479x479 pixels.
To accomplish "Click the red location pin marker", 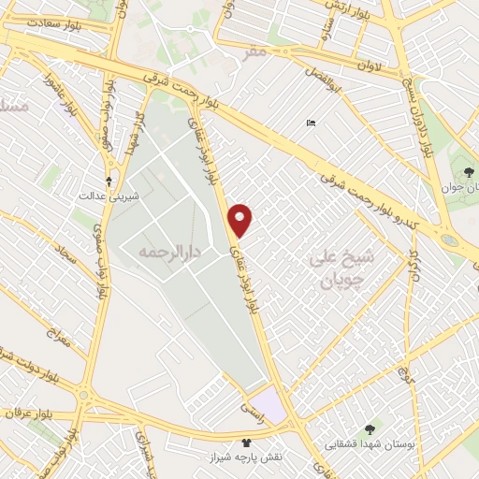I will pyautogui.click(x=240, y=220).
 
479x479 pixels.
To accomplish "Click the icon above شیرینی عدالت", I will pyautogui.click(x=110, y=181).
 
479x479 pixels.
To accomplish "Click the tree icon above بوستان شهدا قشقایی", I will pyautogui.click(x=371, y=429).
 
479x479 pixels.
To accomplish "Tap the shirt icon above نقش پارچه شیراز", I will pyautogui.click(x=246, y=442).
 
